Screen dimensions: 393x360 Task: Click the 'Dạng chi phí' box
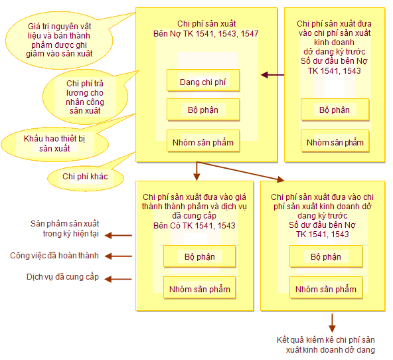tap(203, 80)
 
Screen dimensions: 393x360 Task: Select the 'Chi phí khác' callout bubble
tap(86, 178)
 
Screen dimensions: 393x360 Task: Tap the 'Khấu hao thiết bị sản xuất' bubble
tap(55, 144)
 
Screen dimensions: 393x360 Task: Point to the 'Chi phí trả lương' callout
tap(85, 97)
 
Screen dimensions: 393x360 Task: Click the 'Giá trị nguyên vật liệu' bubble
tap(59, 41)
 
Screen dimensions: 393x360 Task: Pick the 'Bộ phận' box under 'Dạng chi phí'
tap(203, 110)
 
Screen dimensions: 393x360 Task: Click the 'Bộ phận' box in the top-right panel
tap(335, 110)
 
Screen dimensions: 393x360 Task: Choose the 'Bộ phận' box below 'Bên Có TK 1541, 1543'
tap(200, 256)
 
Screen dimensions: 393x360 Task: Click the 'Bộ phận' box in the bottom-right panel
tap(326, 256)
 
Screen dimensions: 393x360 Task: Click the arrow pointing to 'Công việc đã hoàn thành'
tap(118, 256)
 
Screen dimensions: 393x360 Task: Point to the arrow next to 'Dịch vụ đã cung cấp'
tap(118, 279)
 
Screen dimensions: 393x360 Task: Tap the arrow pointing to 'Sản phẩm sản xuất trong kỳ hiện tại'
tap(118, 235)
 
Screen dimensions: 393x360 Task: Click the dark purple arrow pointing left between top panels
tap(272, 74)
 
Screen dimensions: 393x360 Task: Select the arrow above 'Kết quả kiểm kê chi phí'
tap(332, 323)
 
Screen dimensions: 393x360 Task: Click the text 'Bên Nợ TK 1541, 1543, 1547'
tap(206, 34)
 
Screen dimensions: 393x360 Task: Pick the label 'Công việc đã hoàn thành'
tap(54, 256)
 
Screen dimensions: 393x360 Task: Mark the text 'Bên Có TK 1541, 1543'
tap(195, 225)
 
